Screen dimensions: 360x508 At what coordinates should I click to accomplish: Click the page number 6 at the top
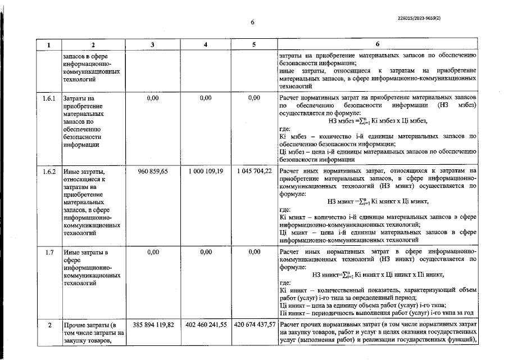coord(252,22)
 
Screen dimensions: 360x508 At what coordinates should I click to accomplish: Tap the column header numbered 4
coord(206,44)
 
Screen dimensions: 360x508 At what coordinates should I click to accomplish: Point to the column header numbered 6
coord(377,44)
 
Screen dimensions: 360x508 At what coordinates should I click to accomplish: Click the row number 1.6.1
coord(49,98)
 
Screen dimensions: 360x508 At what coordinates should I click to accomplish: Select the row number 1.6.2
coord(49,170)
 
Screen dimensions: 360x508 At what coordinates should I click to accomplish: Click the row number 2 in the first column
coord(49,325)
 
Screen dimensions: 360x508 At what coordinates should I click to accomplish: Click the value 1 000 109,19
coord(206,170)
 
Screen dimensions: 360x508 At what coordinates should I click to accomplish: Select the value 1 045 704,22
coord(254,170)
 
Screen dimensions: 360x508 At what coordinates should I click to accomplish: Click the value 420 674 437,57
coord(254,325)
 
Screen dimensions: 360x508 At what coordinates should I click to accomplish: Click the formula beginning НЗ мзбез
coord(377,120)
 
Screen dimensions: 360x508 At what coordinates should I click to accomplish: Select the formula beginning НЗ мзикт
coord(377,201)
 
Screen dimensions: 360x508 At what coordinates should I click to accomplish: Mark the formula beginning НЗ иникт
coord(377,274)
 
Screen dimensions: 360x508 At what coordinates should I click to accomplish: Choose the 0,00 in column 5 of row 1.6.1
coord(254,98)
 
